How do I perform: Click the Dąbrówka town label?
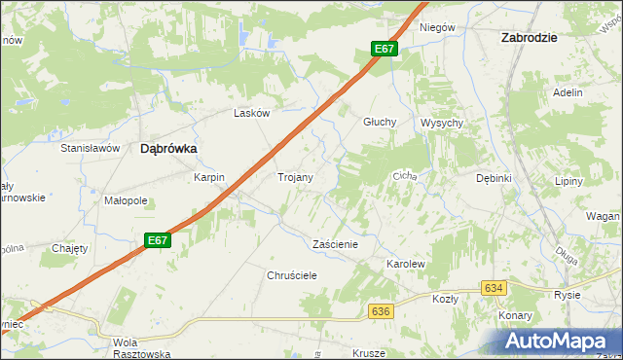pyautogui.click(x=168, y=149)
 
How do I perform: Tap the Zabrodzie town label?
pyautogui.click(x=528, y=37)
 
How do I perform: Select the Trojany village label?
pyautogui.click(x=295, y=177)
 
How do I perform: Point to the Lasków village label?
pyautogui.click(x=251, y=113)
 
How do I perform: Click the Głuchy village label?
pyautogui.click(x=379, y=122)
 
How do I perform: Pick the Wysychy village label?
pyautogui.click(x=441, y=123)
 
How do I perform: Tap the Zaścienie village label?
pyautogui.click(x=335, y=244)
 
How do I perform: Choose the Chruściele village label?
pyautogui.click(x=293, y=275)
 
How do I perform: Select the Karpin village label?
pyautogui.click(x=209, y=177)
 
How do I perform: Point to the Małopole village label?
pyautogui.click(x=125, y=201)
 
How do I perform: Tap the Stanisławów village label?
pyautogui.click(x=90, y=148)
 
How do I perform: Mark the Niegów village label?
pyautogui.click(x=437, y=27)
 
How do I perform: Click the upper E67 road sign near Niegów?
pyautogui.click(x=385, y=49)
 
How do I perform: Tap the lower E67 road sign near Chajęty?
pyautogui.click(x=159, y=239)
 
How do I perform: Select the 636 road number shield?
pyautogui.click(x=381, y=310)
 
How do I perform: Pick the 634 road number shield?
pyautogui.click(x=494, y=288)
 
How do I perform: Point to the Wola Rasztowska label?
pyautogui.click(x=141, y=348)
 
